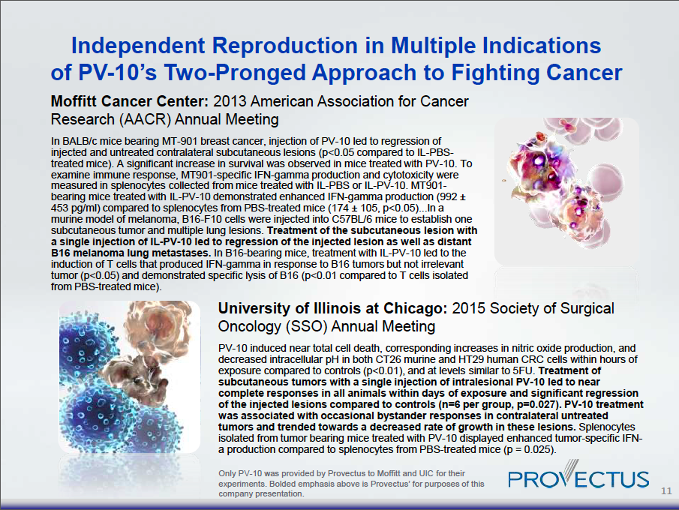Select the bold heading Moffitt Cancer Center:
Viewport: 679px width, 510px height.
click(x=129, y=101)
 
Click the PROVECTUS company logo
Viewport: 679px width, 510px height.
click(x=578, y=479)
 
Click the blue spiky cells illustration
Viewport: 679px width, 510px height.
click(x=101, y=375)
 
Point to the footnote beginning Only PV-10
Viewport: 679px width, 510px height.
click(x=351, y=484)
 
